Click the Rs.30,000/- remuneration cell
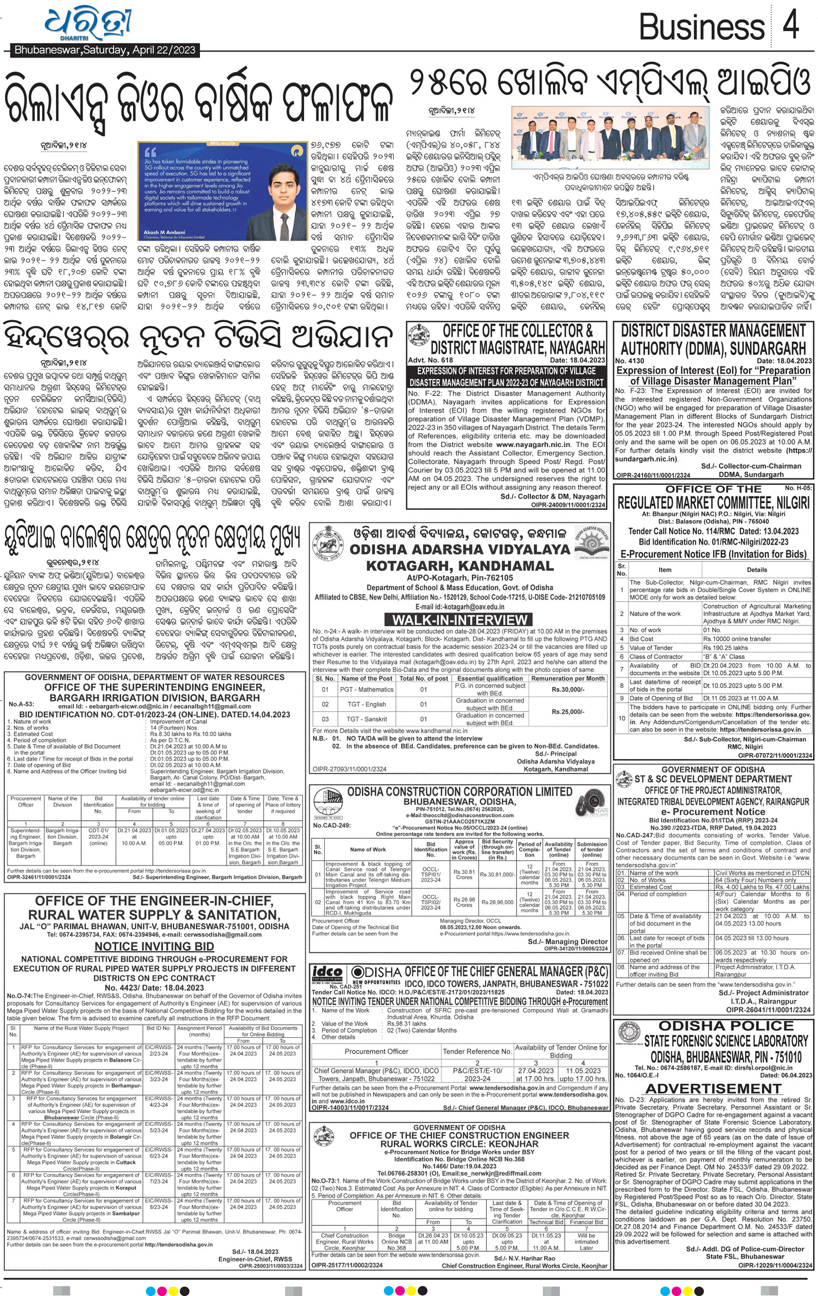568,689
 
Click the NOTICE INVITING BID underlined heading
154,946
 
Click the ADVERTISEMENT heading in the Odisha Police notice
713,1089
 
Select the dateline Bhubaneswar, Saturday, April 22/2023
105,50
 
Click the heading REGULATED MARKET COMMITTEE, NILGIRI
713,503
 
